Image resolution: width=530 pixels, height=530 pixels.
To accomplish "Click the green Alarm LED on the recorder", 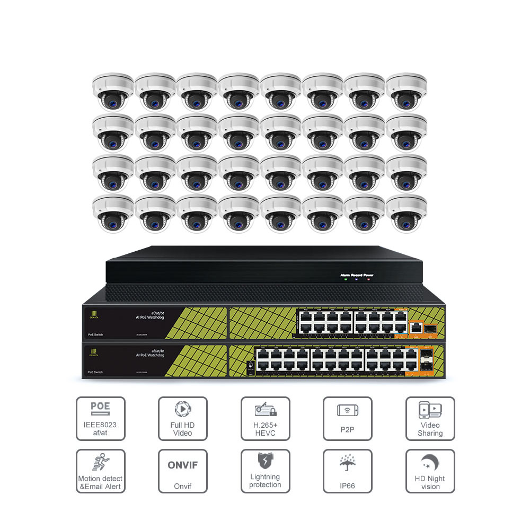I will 346,279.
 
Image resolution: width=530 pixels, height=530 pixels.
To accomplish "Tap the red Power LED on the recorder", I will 368,279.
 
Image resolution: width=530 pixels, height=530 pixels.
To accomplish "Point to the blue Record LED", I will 357,279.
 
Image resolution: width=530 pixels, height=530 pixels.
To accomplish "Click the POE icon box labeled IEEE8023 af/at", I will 101,419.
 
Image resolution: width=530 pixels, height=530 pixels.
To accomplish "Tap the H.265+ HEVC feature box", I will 265,419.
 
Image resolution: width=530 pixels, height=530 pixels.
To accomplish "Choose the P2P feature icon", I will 347,410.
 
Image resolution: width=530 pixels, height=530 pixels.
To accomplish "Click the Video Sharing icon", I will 430,410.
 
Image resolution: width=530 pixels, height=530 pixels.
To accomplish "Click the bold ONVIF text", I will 182,465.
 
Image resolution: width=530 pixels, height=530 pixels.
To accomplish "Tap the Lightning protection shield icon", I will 265,460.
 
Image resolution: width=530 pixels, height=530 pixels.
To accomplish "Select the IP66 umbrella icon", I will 347,462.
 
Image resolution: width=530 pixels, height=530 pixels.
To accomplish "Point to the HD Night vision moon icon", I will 429,462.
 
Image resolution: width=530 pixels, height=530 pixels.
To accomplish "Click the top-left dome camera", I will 112,91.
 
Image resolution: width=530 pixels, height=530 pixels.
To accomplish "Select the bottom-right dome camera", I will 406,213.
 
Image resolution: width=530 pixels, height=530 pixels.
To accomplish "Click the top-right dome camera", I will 406,91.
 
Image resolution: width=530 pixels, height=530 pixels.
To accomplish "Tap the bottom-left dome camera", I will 112,213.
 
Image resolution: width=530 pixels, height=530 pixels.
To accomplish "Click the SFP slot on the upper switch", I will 430,329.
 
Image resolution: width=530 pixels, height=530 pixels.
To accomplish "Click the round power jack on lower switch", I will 249,365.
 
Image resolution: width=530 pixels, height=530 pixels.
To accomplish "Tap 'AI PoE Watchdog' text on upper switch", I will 150,316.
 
